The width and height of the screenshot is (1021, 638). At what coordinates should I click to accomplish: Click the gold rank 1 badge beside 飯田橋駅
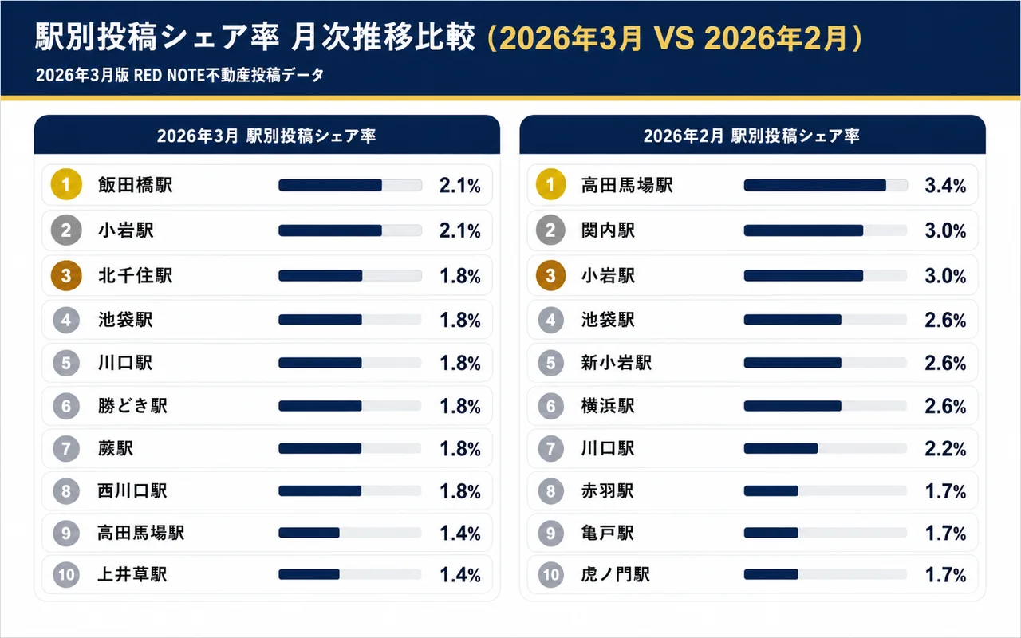coord(67,185)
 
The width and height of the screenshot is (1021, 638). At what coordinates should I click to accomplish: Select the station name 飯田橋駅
coord(135,185)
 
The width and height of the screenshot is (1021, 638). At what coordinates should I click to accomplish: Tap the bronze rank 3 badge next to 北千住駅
coord(67,276)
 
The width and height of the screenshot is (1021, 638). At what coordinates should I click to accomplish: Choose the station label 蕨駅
coord(116,448)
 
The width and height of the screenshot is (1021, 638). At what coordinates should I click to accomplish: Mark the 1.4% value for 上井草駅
coord(460,574)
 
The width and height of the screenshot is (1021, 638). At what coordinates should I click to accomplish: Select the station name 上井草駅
coord(132,574)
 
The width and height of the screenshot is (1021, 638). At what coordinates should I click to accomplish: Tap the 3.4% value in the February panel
coord(945,186)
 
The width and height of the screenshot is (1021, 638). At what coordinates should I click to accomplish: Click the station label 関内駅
coord(609,230)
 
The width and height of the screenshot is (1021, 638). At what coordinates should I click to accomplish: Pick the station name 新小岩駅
coord(617,363)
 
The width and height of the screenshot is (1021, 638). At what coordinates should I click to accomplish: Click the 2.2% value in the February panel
coord(945,449)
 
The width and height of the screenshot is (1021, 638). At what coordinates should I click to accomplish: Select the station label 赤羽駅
coord(608,491)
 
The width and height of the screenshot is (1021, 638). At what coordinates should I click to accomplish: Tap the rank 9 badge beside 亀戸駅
coord(550,533)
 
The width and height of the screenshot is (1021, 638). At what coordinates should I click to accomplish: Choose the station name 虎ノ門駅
coord(616,574)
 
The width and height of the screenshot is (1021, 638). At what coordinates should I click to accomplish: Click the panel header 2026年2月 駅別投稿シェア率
coord(751,136)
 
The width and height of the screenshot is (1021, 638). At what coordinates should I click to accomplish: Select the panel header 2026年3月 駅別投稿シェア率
coord(266,136)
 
